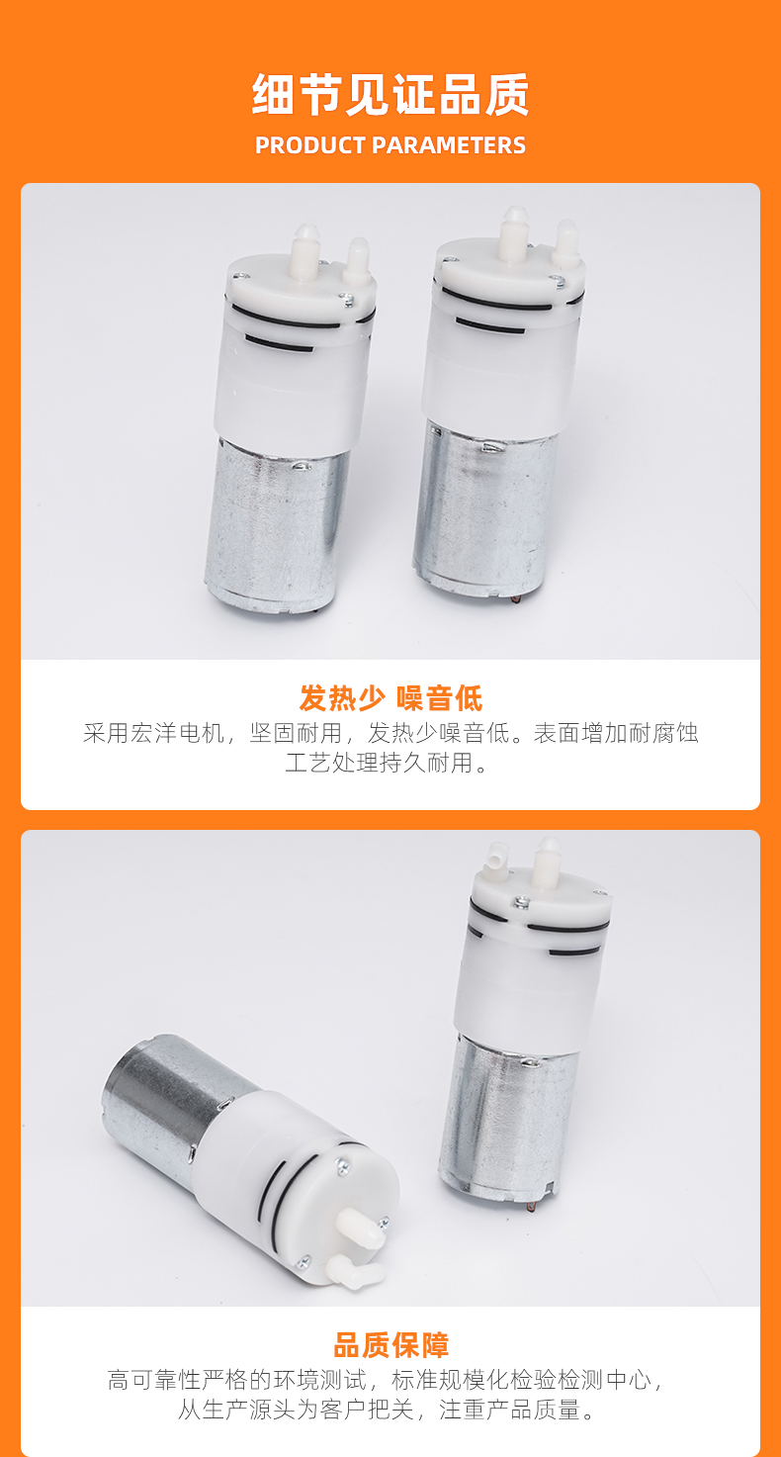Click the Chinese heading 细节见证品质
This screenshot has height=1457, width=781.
point(390,95)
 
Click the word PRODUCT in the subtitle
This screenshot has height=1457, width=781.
point(310,145)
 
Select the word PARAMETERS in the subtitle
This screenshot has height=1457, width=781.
point(449,145)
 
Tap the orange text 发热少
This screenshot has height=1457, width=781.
point(341,698)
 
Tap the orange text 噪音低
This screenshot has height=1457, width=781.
point(440,698)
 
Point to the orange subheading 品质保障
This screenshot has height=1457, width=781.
point(390,1345)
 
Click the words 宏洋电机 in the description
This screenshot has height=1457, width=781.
point(178,733)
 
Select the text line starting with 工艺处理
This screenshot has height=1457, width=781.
point(387,763)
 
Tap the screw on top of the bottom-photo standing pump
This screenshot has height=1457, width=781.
point(520,902)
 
